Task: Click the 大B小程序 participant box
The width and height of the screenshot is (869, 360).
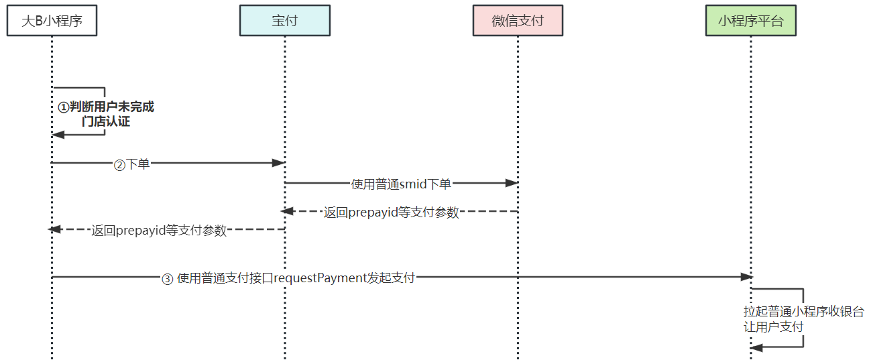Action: pos(52,21)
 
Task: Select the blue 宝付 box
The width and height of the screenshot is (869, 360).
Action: pos(284,21)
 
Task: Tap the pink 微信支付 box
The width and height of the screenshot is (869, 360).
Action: pos(517,21)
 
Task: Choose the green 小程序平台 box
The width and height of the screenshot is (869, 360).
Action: pos(750,21)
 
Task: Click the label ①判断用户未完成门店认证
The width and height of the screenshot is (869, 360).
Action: pos(105,114)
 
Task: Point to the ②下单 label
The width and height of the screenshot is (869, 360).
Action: pos(131,164)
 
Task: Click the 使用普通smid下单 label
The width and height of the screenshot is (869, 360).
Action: pos(401,184)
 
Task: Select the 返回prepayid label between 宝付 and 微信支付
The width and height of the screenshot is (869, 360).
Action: pos(391,213)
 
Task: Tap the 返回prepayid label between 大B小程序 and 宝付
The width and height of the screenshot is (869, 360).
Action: pos(159,231)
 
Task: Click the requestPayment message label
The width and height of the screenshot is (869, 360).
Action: pos(289,278)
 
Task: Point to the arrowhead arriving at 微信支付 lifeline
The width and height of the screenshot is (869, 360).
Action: pos(512,182)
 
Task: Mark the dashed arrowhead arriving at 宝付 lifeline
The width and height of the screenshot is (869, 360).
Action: pos(288,211)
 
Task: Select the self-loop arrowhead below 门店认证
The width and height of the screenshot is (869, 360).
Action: pos(58,135)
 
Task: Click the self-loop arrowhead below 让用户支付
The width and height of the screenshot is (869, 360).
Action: pos(756,347)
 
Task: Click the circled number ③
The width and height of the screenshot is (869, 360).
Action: pos(168,279)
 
